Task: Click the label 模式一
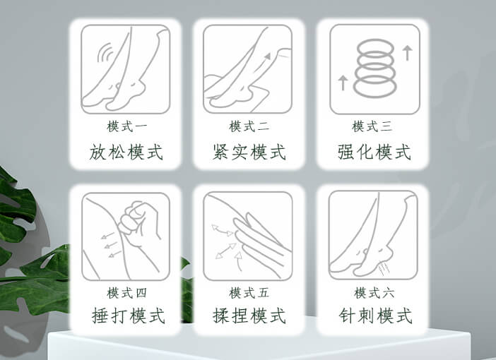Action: (x=127, y=127)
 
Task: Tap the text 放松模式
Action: (x=127, y=152)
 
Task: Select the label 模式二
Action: (x=249, y=127)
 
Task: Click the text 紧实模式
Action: (x=249, y=152)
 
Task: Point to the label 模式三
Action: (x=372, y=127)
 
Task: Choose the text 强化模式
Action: (x=374, y=152)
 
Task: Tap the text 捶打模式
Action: (x=128, y=316)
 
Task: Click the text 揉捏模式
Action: (x=249, y=316)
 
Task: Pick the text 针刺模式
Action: (x=374, y=316)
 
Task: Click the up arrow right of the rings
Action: (x=407, y=52)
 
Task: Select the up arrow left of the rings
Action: (x=343, y=82)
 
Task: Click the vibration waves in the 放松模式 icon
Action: (x=107, y=55)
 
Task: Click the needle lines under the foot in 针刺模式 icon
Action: (x=385, y=268)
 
